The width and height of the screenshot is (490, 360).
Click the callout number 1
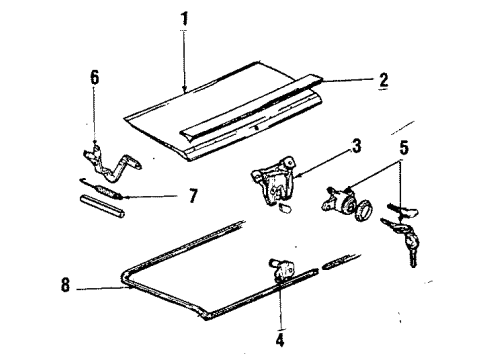pos(184,18)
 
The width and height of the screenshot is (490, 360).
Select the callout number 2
pos(384,80)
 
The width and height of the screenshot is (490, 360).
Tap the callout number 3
pos(356,146)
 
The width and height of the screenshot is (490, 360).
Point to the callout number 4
pos(280,340)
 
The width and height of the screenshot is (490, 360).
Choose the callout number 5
pos(404,148)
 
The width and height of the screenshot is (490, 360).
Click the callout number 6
pos(95,78)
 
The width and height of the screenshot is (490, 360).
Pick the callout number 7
pos(193,196)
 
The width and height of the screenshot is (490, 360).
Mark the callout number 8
pos(65,285)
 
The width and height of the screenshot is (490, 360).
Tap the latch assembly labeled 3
pos(274,180)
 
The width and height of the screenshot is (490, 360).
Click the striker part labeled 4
pos(282,268)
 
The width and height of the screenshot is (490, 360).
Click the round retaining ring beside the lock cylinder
pos(364,211)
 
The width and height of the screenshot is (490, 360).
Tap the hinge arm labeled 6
pos(110,163)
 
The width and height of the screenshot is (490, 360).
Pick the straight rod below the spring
pos(102,207)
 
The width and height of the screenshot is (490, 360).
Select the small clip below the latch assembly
pos(286,208)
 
